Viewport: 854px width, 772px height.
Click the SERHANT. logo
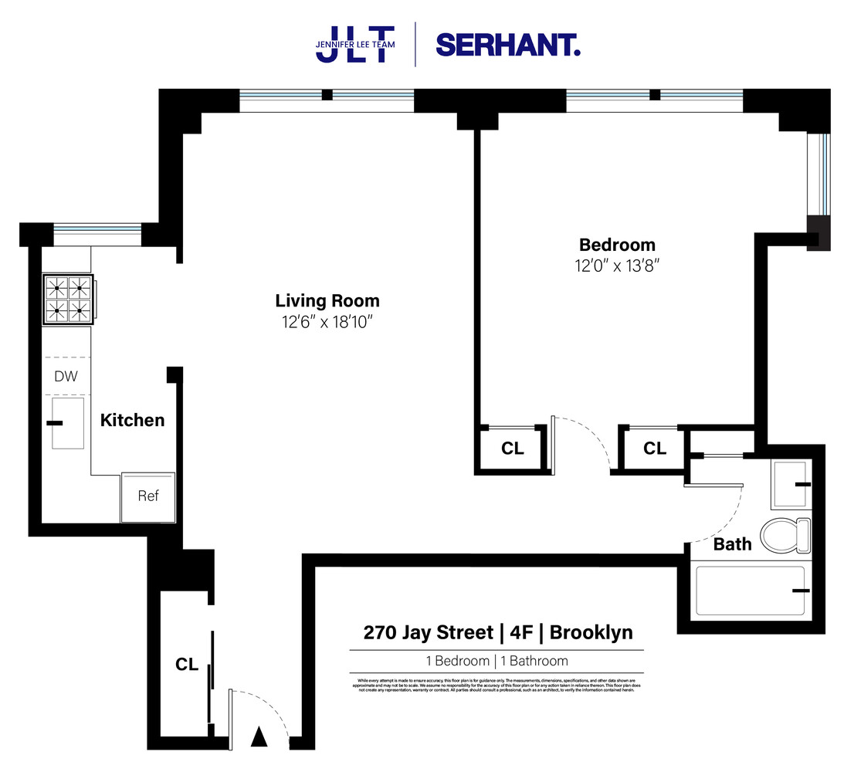[x=507, y=45]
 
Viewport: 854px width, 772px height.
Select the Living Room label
[x=327, y=300]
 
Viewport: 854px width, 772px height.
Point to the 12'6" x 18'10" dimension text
[x=327, y=320]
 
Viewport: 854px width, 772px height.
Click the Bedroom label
[x=617, y=245]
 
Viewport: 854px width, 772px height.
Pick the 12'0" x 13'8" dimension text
[x=617, y=265]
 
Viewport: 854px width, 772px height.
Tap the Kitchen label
[x=132, y=420]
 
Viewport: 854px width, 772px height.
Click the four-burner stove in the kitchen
[x=67, y=299]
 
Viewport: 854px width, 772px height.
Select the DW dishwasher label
[x=65, y=377]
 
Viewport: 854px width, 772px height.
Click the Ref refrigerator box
[x=147, y=496]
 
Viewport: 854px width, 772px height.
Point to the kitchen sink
[x=67, y=422]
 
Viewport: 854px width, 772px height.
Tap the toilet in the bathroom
[x=784, y=533]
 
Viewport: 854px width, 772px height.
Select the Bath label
[x=731, y=544]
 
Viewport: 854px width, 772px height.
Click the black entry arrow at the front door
[x=259, y=738]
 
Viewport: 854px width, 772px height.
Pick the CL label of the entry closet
[x=186, y=665]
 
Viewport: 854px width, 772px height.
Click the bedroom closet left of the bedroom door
[x=512, y=449]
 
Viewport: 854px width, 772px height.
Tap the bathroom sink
[x=791, y=485]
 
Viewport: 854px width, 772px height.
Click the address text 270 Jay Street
[x=428, y=633]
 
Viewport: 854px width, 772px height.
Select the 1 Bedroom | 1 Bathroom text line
[x=496, y=661]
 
